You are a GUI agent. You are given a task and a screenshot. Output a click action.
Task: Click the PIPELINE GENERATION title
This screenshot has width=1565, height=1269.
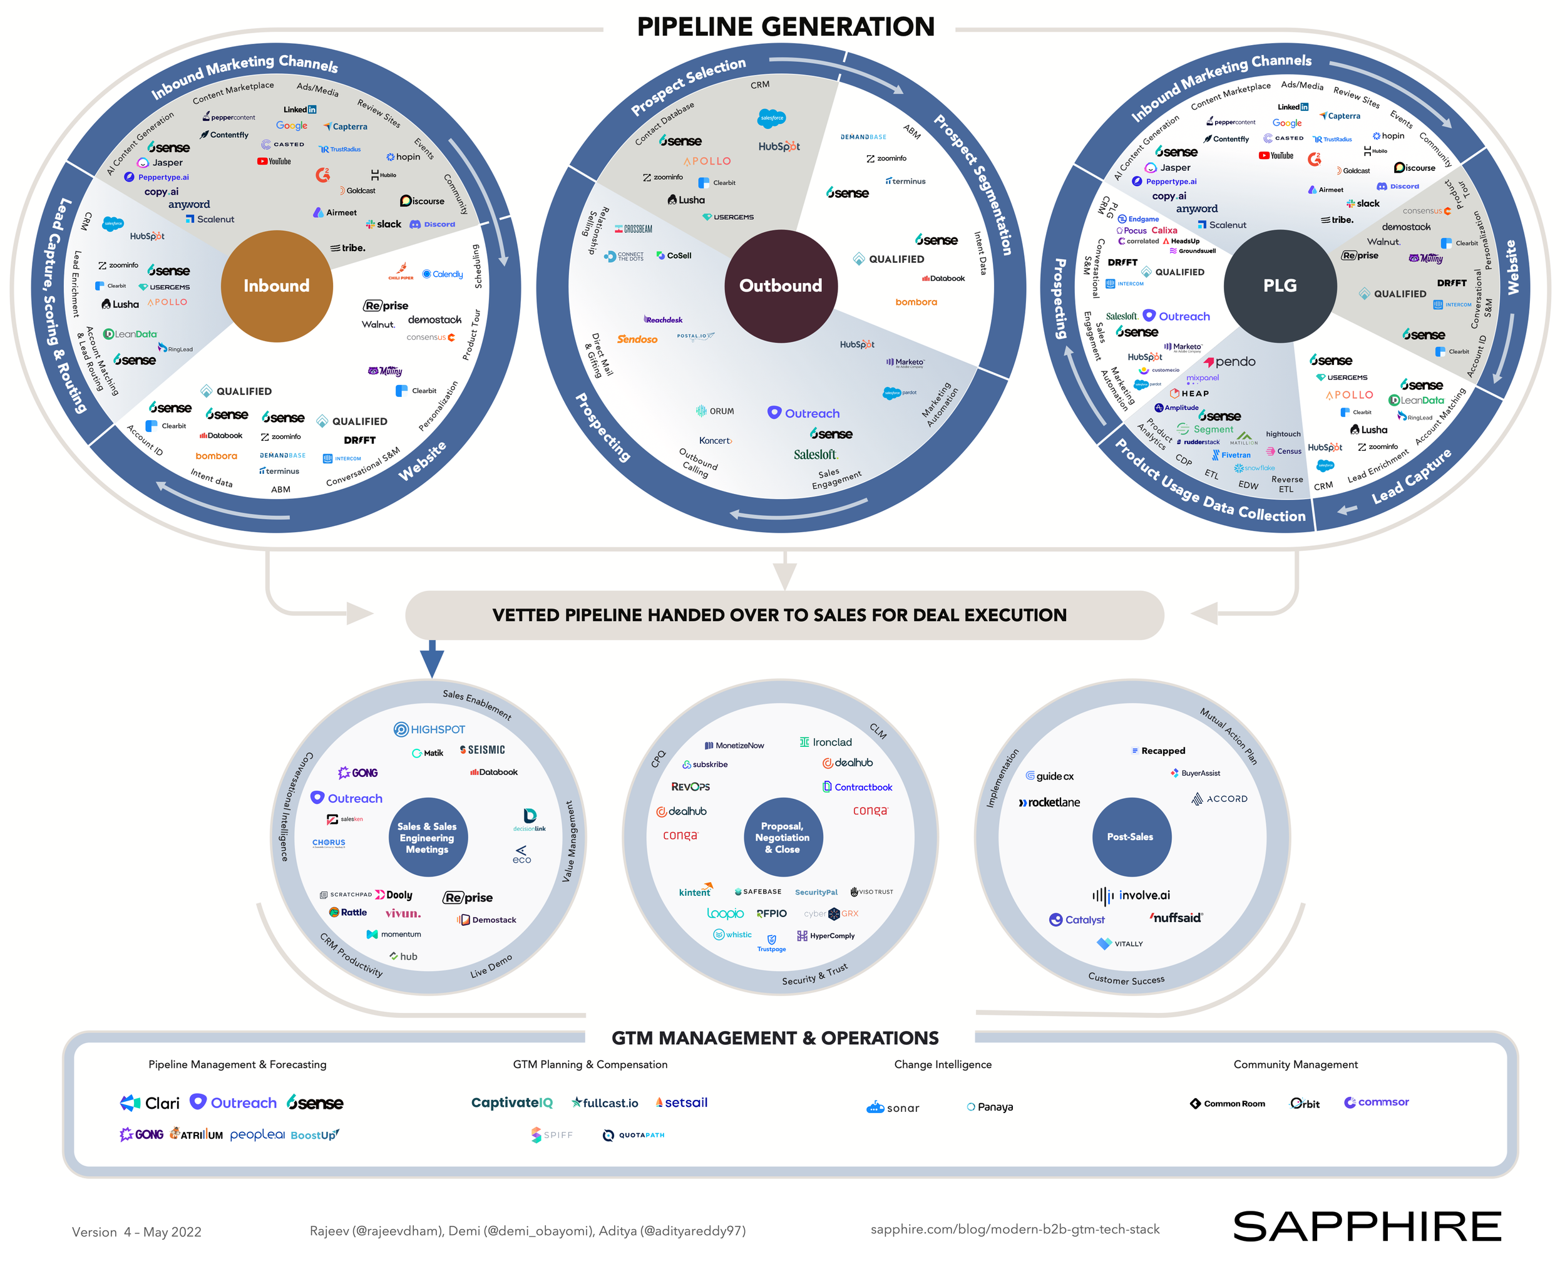pos(785,27)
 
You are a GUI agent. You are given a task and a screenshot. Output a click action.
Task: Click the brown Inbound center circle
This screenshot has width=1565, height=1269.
pos(276,286)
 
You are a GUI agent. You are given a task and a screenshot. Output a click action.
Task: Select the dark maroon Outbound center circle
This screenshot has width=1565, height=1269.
pos(780,286)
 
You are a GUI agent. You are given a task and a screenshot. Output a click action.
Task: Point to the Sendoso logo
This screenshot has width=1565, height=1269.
pos(637,339)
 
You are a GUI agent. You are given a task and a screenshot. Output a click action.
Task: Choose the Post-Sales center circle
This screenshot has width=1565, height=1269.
pos(1130,836)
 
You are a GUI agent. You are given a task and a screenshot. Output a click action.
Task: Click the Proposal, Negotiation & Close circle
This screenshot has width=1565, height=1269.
pos(782,837)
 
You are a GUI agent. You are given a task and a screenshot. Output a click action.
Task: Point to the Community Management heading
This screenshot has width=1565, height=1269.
pos(1295,1064)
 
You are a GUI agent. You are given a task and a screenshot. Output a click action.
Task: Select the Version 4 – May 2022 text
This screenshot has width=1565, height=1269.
pos(136,1231)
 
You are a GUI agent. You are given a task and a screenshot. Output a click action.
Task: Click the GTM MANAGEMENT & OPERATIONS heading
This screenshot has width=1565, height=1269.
pos(775,1038)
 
